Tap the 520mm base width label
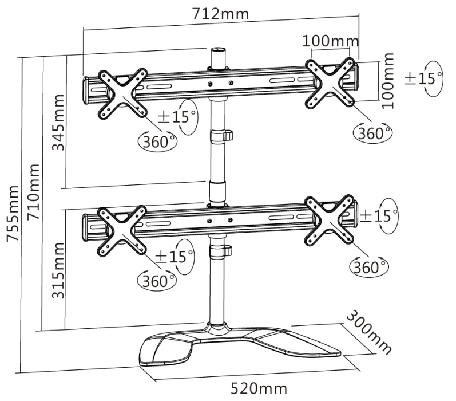(x=259, y=388)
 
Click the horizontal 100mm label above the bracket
(x=331, y=41)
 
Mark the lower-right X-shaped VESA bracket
(x=329, y=220)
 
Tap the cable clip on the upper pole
(x=221, y=136)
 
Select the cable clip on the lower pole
(x=221, y=250)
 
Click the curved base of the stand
(x=240, y=347)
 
